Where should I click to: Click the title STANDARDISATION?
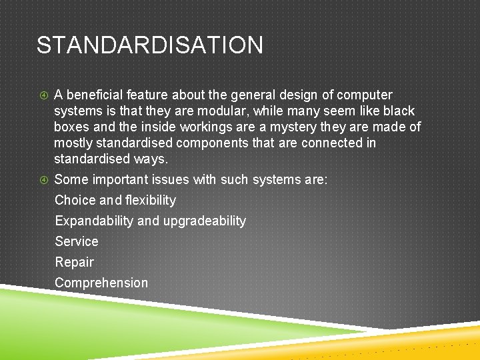(x=149, y=45)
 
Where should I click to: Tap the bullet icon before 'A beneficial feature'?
(x=43, y=95)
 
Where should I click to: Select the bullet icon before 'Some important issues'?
(x=43, y=180)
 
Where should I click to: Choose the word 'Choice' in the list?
(x=75, y=201)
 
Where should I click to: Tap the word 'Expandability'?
(x=94, y=221)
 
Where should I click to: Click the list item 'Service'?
(x=76, y=242)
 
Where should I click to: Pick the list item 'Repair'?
(x=74, y=263)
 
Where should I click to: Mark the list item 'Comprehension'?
(x=101, y=283)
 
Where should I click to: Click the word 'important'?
(x=121, y=180)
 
